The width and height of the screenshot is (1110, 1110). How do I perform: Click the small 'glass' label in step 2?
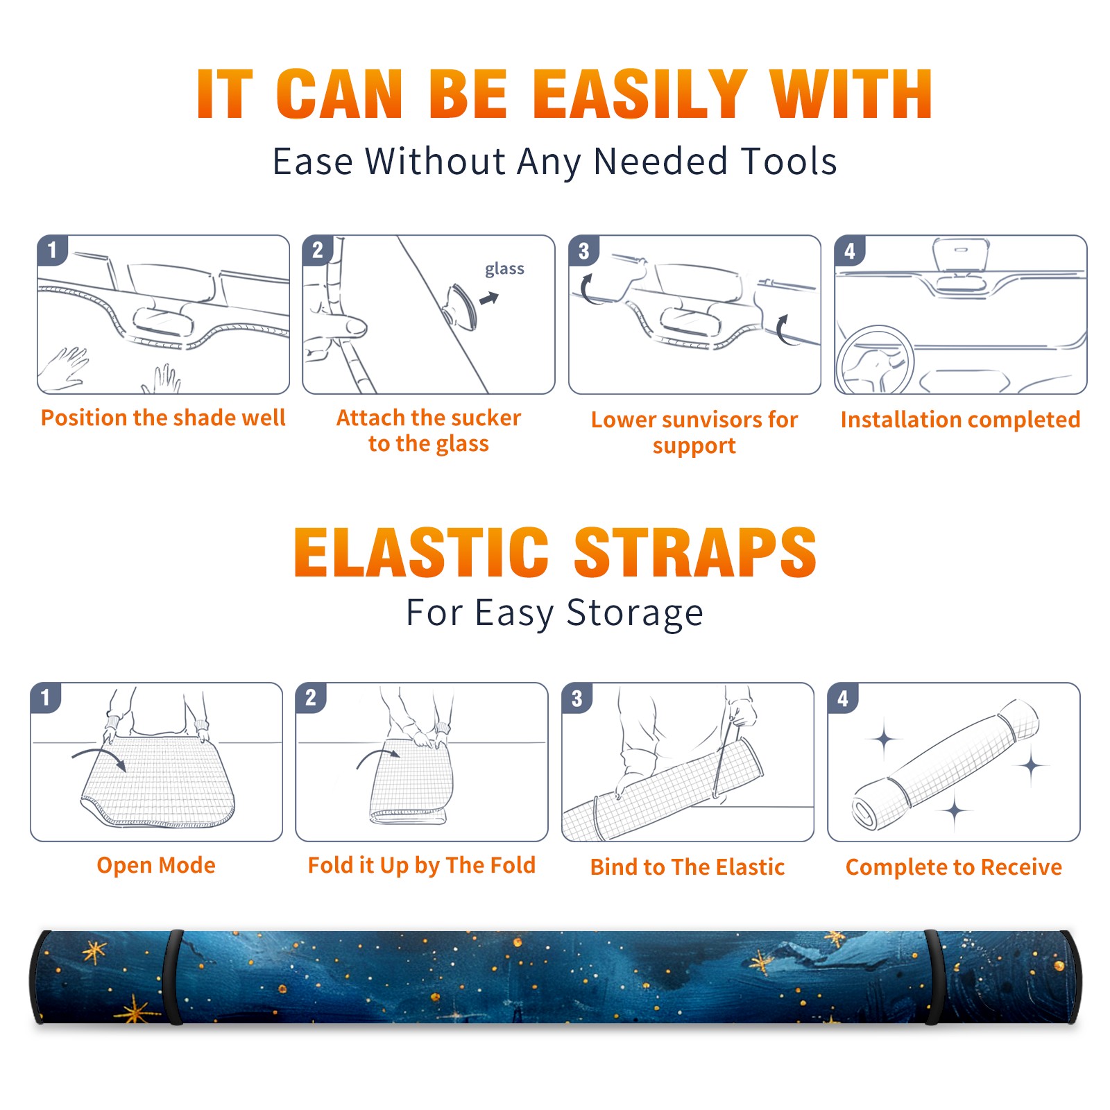(x=504, y=269)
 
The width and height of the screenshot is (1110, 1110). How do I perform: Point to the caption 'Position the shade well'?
(x=163, y=418)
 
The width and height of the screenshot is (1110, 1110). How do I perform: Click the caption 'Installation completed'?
(x=960, y=420)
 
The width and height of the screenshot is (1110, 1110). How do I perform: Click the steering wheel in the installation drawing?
(x=875, y=361)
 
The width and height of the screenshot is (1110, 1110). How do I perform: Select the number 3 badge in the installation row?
(x=583, y=250)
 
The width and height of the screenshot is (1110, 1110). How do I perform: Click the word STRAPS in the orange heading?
(x=695, y=552)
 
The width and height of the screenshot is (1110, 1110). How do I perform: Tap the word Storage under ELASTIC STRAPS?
(x=635, y=614)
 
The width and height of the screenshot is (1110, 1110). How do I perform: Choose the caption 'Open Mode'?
(x=156, y=865)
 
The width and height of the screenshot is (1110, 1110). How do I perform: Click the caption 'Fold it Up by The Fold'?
(x=422, y=866)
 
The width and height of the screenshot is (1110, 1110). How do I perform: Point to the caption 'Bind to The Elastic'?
(x=688, y=867)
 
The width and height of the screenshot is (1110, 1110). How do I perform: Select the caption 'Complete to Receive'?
(x=954, y=867)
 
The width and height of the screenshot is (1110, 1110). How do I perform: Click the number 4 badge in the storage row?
(x=843, y=698)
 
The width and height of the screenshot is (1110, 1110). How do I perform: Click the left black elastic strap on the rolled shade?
(x=173, y=977)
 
